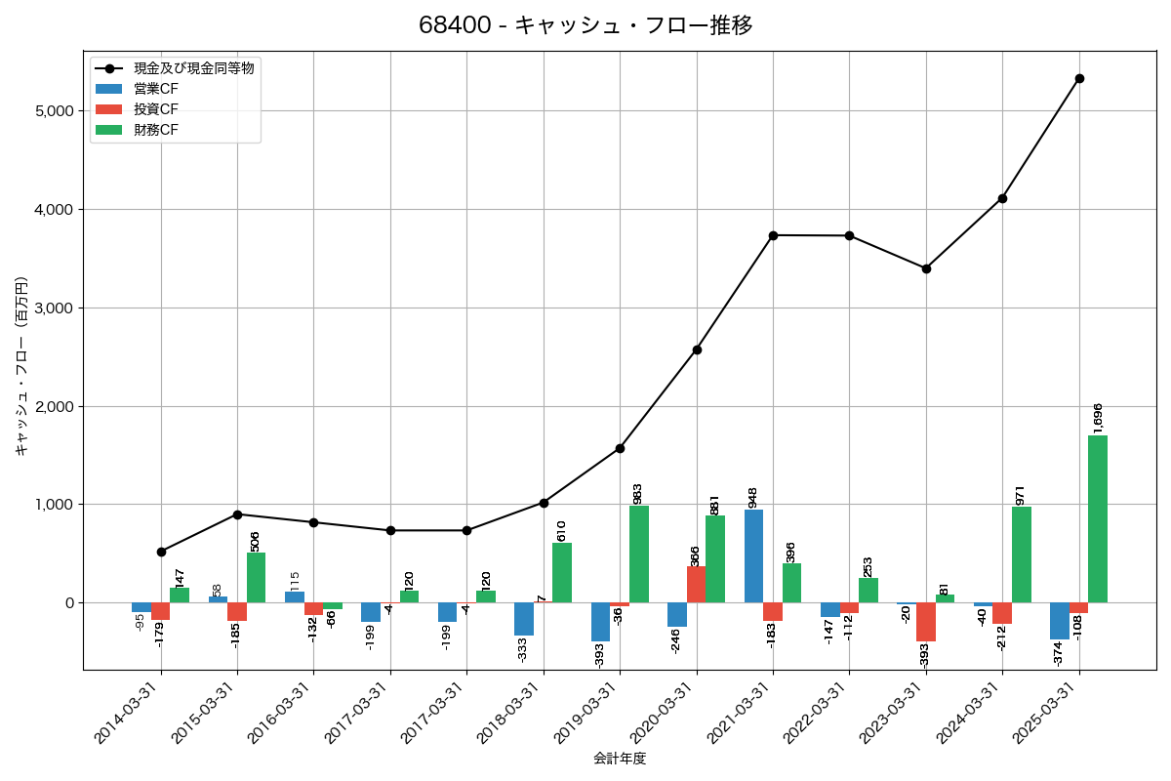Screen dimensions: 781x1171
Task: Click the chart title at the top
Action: click(585, 25)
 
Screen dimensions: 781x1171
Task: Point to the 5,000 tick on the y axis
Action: click(54, 111)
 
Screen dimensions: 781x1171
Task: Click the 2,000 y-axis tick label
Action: click(54, 406)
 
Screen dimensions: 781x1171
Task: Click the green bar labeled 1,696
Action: click(1098, 518)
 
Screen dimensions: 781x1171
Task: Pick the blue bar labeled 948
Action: click(754, 555)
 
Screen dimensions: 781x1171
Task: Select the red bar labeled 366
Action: click(697, 585)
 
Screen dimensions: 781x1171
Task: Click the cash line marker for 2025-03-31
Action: click(1079, 78)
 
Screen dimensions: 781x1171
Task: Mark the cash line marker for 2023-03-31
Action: click(926, 268)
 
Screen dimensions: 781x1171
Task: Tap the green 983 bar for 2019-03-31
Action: click(639, 554)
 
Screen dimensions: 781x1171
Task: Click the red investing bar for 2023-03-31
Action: click(926, 622)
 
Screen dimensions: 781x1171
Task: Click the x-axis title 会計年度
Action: click(620, 759)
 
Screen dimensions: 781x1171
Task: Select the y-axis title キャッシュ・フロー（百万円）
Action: click(21, 366)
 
